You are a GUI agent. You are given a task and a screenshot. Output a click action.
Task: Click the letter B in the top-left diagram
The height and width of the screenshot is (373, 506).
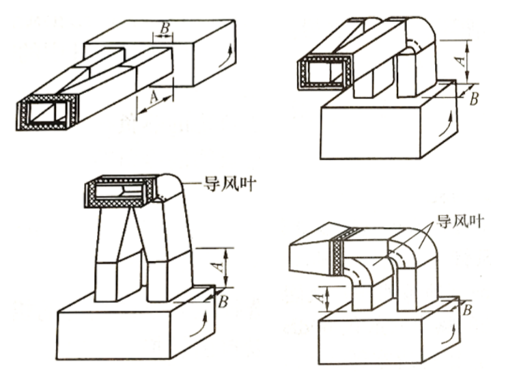click(x=165, y=28)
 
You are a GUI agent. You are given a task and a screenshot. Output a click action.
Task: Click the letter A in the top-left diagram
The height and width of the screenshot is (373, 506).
click(x=154, y=96)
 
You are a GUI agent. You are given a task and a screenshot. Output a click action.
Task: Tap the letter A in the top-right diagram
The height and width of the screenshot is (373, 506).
click(x=462, y=60)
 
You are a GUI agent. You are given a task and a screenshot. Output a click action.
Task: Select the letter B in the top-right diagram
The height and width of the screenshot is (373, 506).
click(x=474, y=99)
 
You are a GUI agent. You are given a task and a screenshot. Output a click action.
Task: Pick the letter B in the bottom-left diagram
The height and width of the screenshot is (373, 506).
click(x=223, y=302)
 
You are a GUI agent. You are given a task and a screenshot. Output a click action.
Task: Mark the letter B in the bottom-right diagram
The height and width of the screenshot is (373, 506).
click(x=467, y=310)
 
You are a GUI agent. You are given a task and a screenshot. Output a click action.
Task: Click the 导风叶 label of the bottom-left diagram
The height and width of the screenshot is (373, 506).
click(x=229, y=184)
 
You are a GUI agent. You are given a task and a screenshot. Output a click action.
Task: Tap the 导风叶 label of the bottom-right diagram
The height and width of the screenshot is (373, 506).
click(x=460, y=221)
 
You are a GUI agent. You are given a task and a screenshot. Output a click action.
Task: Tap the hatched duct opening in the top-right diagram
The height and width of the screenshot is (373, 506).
click(x=325, y=72)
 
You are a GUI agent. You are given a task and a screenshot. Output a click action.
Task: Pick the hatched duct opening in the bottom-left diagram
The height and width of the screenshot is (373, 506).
click(x=120, y=191)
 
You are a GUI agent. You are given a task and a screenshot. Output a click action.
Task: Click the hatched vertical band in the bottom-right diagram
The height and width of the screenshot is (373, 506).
click(x=337, y=253)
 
